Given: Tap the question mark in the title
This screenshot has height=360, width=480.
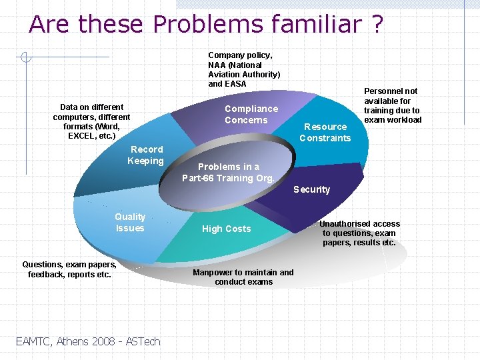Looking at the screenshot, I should click(x=376, y=24).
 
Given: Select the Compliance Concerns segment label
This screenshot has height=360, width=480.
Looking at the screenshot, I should click(x=251, y=115).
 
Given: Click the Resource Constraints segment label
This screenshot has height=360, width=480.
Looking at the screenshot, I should click(x=325, y=132).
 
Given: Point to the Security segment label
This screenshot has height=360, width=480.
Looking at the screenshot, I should click(x=311, y=189).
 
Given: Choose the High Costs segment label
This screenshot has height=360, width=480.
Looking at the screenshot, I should click(x=226, y=229).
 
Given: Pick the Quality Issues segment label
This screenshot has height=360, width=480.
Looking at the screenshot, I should click(x=129, y=223).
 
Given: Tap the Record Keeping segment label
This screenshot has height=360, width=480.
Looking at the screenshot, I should click(x=146, y=155).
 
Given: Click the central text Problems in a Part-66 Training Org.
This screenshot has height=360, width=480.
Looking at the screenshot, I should click(x=229, y=172).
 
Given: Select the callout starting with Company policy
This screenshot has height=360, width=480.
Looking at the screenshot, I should click(x=244, y=69).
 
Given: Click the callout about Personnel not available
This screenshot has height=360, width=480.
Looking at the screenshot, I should click(x=392, y=105).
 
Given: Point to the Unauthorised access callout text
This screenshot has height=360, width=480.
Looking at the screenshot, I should click(x=359, y=233).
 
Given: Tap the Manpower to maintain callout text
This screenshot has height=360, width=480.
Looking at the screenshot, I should click(x=243, y=277).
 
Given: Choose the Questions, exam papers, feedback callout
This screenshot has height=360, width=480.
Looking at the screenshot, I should click(x=69, y=269).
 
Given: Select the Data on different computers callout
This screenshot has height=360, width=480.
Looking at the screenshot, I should click(x=91, y=121).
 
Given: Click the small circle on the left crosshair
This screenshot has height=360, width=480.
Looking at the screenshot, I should click(x=25, y=57).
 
